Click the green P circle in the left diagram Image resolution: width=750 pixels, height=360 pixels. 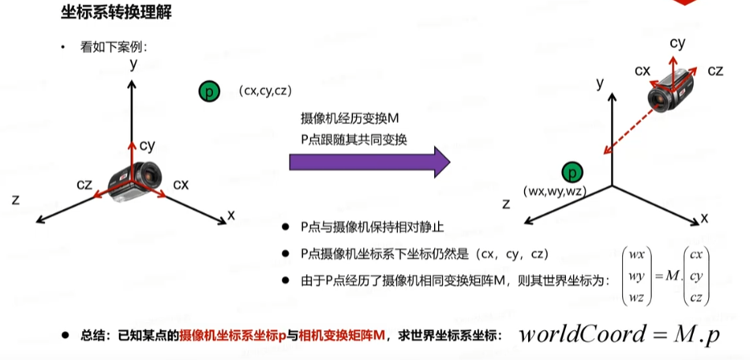tap(208, 92)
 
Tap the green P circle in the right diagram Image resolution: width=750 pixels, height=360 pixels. tap(572, 172)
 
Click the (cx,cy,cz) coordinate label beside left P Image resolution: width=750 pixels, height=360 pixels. tap(264, 92)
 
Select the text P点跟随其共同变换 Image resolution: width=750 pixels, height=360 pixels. tap(355, 137)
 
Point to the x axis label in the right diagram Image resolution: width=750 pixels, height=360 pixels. tap(704, 218)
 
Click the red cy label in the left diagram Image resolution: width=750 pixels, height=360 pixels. tap(147, 145)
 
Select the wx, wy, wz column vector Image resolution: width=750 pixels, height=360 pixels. tap(637, 276)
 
